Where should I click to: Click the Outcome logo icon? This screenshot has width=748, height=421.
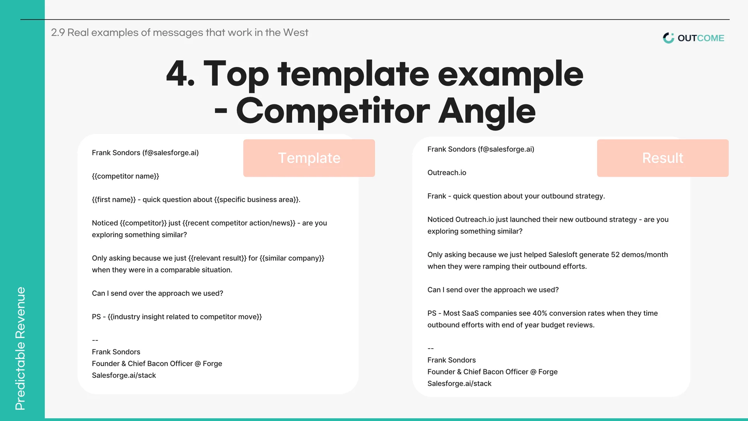click(669, 38)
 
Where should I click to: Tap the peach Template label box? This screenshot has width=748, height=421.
click(309, 158)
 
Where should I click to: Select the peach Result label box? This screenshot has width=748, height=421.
click(663, 158)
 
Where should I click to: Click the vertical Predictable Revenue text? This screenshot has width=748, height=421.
click(20, 349)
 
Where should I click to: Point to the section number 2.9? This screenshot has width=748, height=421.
click(58, 32)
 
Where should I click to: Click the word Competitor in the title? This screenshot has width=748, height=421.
click(333, 111)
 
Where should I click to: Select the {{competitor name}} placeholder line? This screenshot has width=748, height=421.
click(125, 176)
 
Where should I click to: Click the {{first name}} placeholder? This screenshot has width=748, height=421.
click(114, 199)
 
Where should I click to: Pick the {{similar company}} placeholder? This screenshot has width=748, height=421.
click(292, 258)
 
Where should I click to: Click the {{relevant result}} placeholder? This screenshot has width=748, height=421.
click(217, 258)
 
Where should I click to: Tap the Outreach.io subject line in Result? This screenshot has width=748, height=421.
click(447, 173)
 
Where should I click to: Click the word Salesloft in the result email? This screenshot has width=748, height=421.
click(563, 255)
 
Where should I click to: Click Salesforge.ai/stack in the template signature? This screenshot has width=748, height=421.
click(124, 375)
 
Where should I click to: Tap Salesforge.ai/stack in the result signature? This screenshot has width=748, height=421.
click(459, 384)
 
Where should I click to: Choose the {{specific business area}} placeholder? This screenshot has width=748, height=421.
click(257, 199)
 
